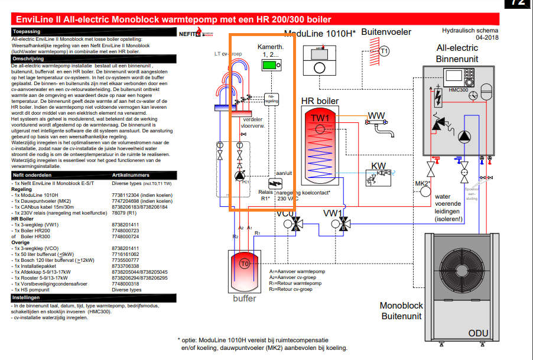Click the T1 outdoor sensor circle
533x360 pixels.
tap(385, 51)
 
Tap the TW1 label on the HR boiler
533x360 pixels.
tap(323, 119)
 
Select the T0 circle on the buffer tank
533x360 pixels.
tap(245, 264)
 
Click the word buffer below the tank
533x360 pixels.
tap(244, 299)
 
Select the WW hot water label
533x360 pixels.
tap(376, 115)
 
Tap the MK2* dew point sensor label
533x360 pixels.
tap(422, 183)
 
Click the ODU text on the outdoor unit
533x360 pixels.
tap(478, 333)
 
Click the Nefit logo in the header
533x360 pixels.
tap(189, 34)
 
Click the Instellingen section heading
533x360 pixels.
tap(27, 297)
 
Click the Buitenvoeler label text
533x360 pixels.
tap(386, 32)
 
